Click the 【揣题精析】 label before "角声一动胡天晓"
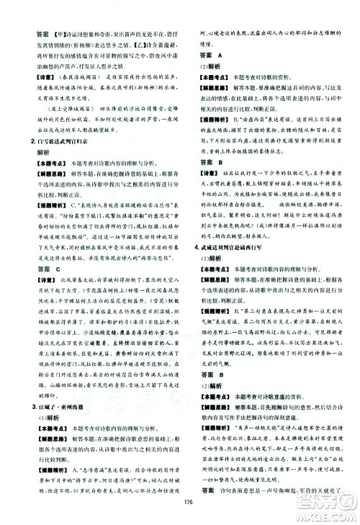[x=217, y=408]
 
